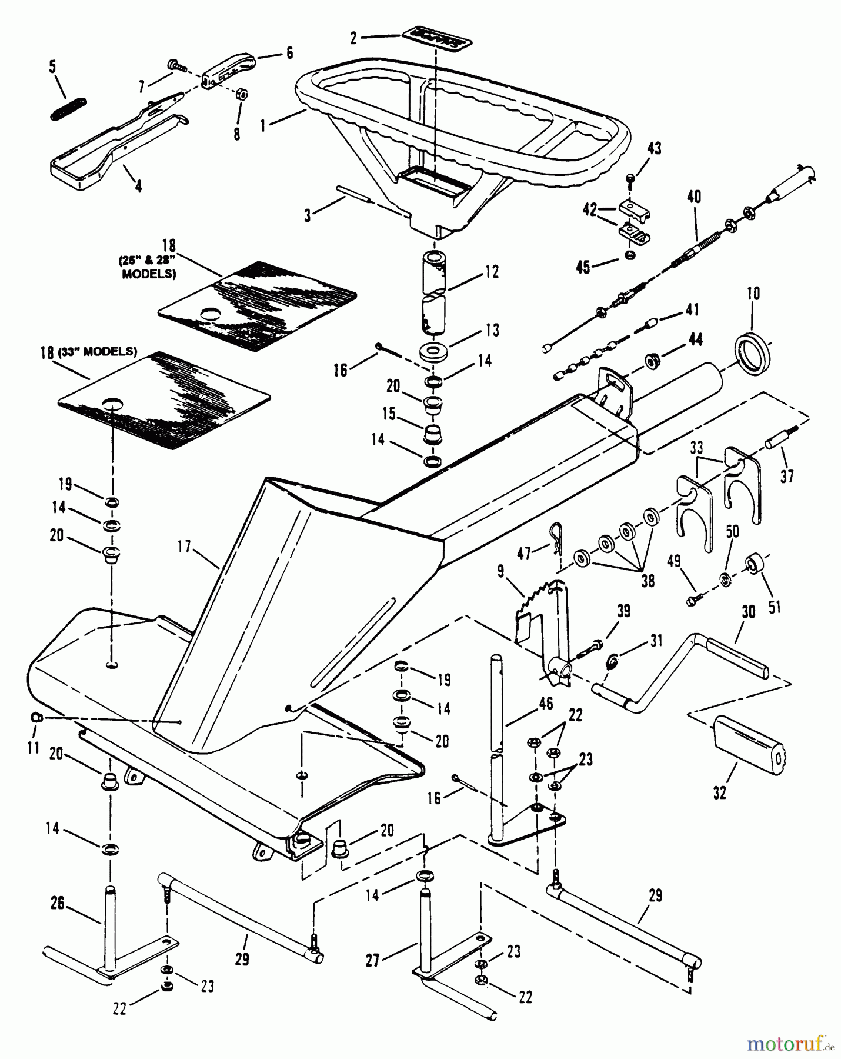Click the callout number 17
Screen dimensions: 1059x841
(184, 547)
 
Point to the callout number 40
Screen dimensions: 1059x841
(694, 197)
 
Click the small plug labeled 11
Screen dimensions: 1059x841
(35, 717)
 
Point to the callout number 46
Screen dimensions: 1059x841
(546, 703)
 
